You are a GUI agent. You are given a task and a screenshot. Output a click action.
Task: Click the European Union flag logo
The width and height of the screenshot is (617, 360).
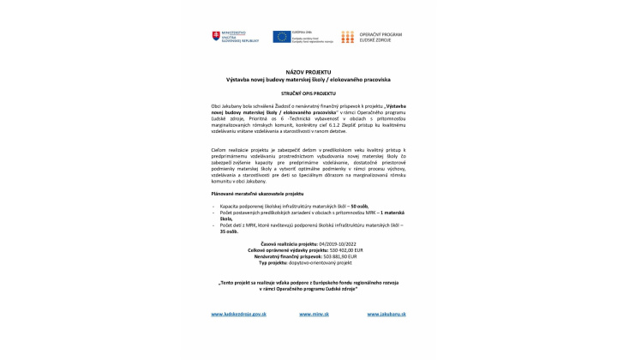tap(282, 36)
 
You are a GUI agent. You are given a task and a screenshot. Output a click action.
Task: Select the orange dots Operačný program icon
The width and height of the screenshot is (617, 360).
tap(347, 37)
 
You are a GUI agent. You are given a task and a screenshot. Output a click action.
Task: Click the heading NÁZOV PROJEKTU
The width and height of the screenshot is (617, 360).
tap(308, 72)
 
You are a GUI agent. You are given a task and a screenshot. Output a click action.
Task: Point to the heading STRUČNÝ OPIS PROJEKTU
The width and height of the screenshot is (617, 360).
tap(308, 93)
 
